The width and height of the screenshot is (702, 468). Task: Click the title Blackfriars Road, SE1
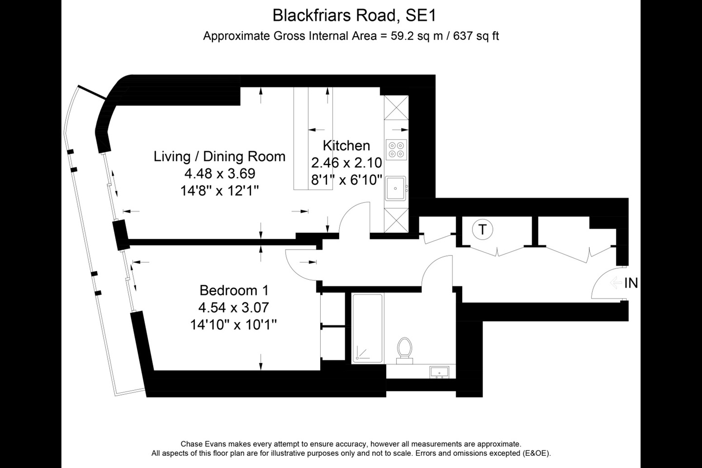pyautogui.click(x=354, y=15)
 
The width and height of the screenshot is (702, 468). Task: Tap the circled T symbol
pyautogui.click(x=483, y=229)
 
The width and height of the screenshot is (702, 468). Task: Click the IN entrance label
pyautogui.click(x=631, y=283)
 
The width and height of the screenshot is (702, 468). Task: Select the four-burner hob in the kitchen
pyautogui.click(x=396, y=150)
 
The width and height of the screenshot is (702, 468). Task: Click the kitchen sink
pyautogui.click(x=395, y=188)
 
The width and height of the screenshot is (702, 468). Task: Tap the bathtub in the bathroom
pyautogui.click(x=367, y=328)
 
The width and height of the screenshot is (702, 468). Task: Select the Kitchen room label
pyautogui.click(x=346, y=145)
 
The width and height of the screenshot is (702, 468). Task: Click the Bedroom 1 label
pyautogui.click(x=234, y=291)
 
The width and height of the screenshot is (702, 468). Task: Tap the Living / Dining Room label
pyautogui.click(x=219, y=156)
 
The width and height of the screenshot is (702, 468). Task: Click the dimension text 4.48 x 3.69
pyautogui.click(x=219, y=174)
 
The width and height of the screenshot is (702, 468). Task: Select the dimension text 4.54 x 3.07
pyautogui.click(x=234, y=308)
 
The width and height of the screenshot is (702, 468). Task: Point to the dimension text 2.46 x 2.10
pyautogui.click(x=346, y=163)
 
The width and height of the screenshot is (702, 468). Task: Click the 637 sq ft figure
pyautogui.click(x=476, y=36)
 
